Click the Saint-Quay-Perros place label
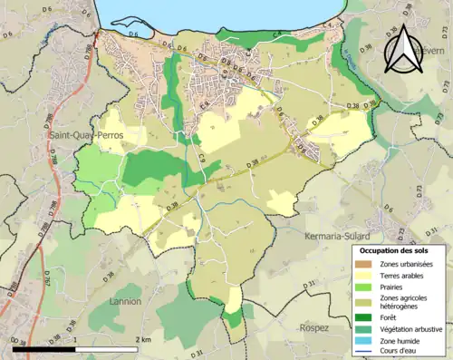tap(85, 133)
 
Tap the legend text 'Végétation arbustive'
tap(413, 329)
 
